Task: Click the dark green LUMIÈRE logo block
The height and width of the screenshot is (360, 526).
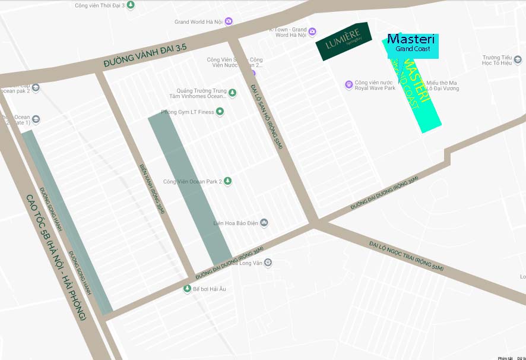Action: (343, 42)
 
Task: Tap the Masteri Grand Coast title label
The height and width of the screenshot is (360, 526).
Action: (411, 43)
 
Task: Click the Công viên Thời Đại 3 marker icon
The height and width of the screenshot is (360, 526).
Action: (131, 5)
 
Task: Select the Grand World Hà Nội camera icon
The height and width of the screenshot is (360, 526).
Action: (229, 22)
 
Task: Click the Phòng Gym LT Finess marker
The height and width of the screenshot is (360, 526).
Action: (220, 112)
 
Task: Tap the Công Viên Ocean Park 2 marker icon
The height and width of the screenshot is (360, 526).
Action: (227, 181)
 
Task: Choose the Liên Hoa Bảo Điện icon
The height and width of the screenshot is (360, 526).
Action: (264, 223)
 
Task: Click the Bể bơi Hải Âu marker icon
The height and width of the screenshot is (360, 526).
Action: (187, 289)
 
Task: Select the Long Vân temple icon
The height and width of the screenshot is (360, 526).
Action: (268, 262)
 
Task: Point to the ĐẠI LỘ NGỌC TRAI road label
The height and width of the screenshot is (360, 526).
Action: (405, 255)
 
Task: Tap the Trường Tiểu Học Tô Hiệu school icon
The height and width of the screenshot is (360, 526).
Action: (517, 60)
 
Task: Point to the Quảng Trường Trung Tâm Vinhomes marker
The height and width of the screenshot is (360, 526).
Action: (232, 92)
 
